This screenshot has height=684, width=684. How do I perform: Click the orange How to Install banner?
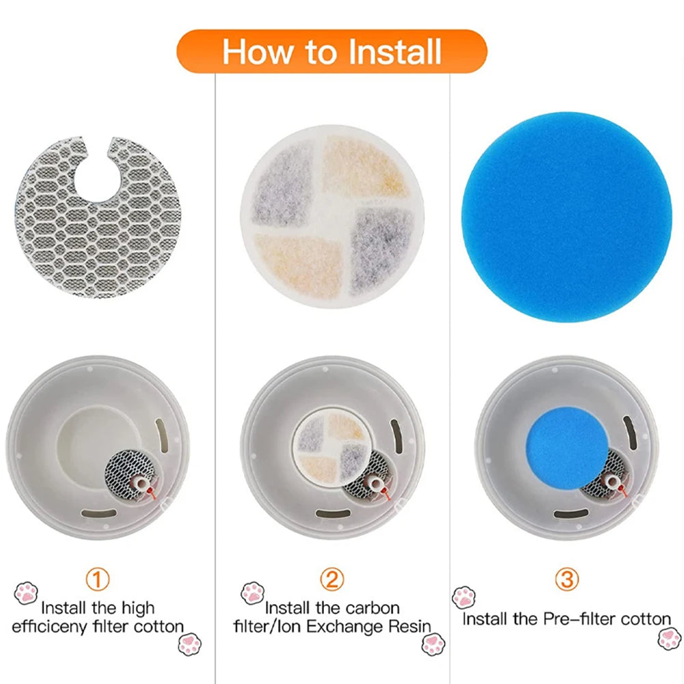pos(332,52)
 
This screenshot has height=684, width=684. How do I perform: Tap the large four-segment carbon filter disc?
pos(333,217)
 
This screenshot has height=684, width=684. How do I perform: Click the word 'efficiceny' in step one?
pos(50,626)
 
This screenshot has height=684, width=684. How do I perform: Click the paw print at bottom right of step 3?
pos(669,639)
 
